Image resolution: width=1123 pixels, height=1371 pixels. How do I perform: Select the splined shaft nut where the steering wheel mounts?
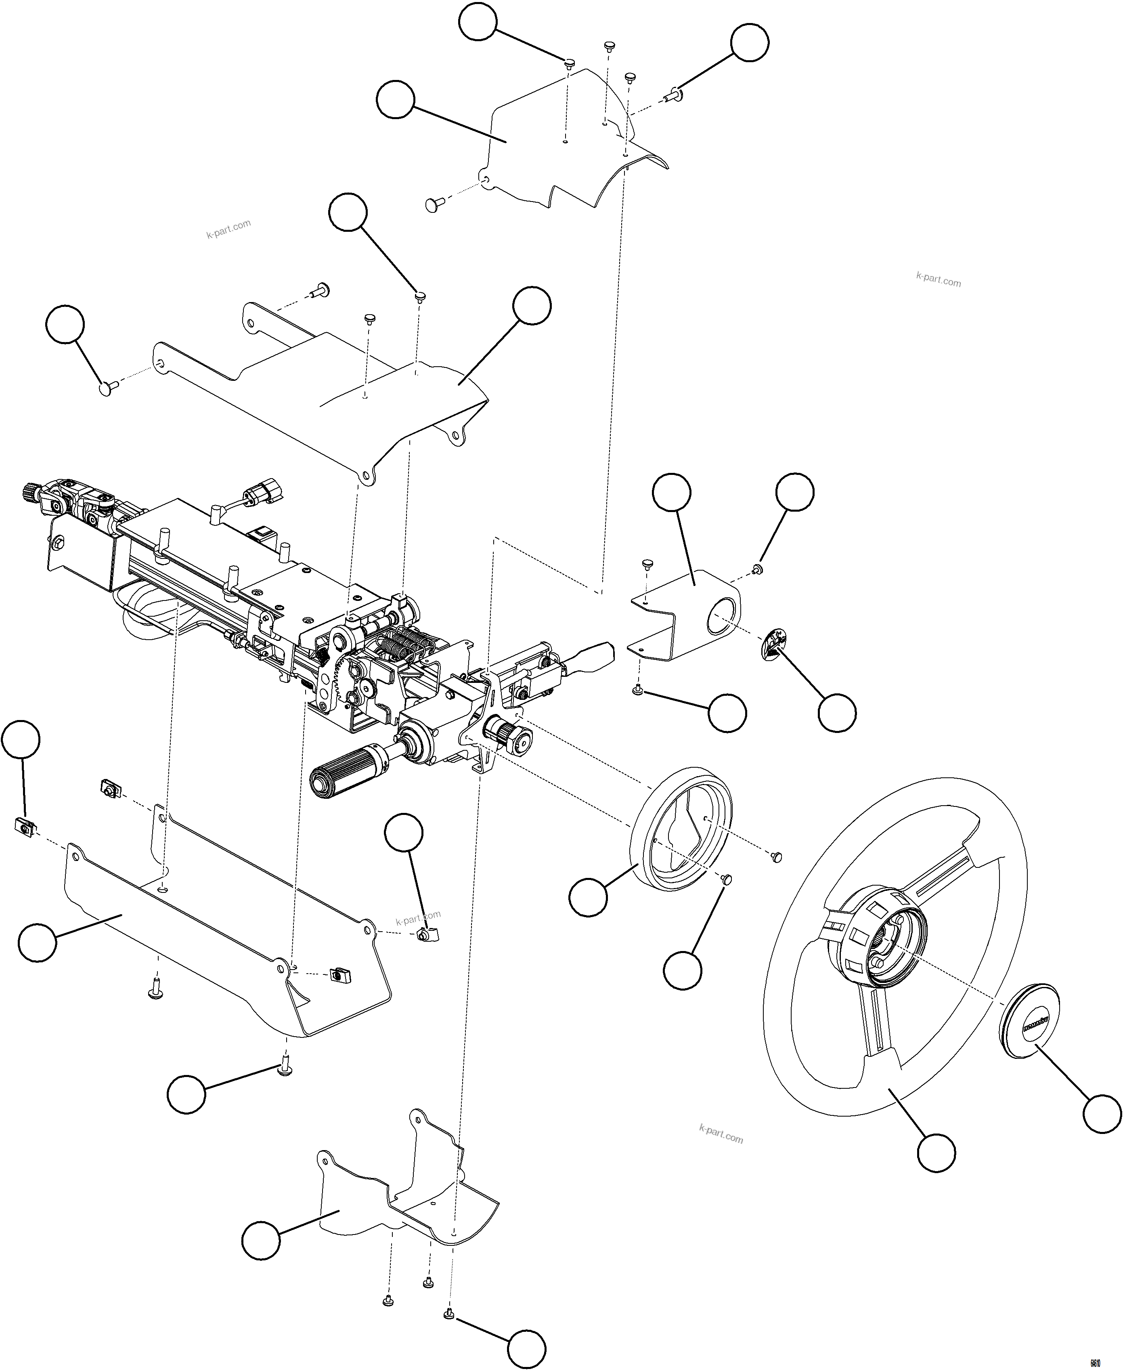514,737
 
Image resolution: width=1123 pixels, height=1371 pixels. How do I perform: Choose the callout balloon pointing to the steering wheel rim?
936,1152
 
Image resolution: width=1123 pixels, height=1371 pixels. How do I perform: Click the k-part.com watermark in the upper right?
938,279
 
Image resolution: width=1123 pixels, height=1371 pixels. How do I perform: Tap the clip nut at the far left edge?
24,825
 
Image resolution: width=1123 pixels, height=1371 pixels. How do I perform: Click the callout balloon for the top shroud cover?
395,99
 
